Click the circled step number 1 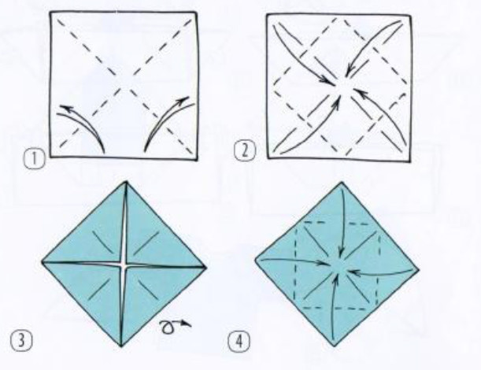tap(35, 159)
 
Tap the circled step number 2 tap(245, 152)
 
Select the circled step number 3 tap(21, 341)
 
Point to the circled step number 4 tap(239, 342)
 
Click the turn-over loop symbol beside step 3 tap(175, 327)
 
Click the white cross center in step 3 tap(124, 265)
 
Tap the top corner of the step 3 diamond tap(125, 182)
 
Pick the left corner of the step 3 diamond tap(43, 261)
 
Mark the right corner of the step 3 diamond tap(206, 267)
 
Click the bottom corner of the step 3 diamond tap(121, 346)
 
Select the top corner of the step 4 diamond tap(342, 182)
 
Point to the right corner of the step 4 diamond tap(419, 269)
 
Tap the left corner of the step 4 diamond tap(255, 260)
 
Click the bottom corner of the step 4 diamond tap(334, 346)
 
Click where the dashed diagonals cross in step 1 tap(124, 85)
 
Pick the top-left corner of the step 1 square tap(51, 13)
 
